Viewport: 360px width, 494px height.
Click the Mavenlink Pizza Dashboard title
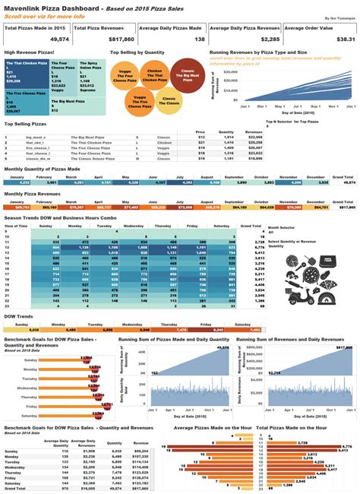51,7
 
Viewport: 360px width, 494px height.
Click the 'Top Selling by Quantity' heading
137,52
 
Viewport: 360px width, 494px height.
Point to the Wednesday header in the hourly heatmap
134,226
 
